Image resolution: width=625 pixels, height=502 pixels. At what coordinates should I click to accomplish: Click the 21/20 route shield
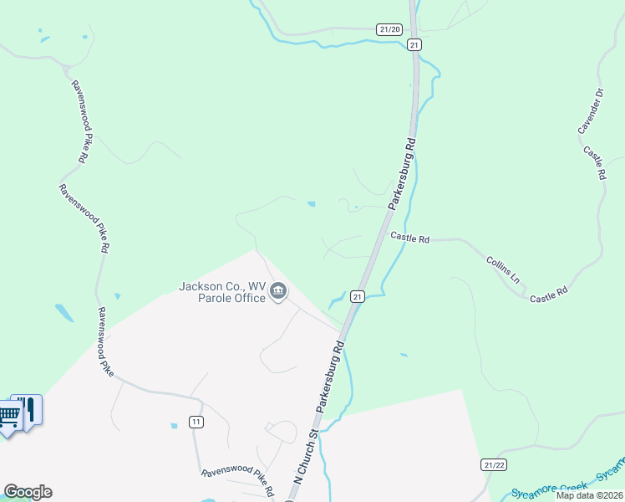[x=389, y=28]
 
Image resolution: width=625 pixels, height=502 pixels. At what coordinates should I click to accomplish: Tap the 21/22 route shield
[x=495, y=464]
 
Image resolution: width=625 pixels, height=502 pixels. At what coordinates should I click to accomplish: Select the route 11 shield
[x=196, y=421]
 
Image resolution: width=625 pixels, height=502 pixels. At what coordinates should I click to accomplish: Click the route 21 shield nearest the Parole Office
[x=357, y=296]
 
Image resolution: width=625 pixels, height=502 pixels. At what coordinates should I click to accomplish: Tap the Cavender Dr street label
[x=589, y=110]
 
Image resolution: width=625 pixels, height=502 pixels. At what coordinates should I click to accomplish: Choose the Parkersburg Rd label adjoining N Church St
[x=330, y=375]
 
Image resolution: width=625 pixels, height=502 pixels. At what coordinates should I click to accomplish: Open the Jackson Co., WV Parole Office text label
[x=222, y=292]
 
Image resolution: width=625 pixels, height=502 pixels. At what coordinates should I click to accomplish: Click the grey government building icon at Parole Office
[x=278, y=292]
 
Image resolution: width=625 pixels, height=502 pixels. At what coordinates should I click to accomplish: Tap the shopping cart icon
[x=8, y=413]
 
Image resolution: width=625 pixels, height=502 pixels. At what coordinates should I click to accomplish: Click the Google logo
[x=28, y=492]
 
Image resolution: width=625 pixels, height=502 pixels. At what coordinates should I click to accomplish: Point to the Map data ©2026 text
[x=590, y=495]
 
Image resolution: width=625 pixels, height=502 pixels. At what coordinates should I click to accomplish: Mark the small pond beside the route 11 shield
[x=174, y=426]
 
